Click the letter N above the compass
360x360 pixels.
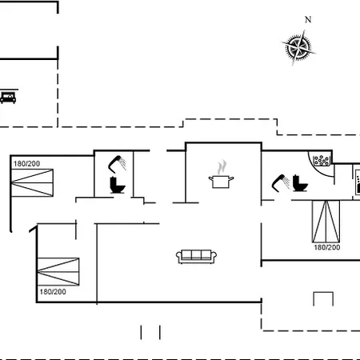(308, 19)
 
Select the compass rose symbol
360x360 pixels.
(298, 48)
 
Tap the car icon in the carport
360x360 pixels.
(8, 98)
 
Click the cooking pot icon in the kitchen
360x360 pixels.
(221, 182)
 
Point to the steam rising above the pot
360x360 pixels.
(222, 166)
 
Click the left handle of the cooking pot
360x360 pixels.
(210, 178)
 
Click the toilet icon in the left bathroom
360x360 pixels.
(118, 185)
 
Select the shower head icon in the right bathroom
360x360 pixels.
(281, 183)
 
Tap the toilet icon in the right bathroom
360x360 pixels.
(300, 183)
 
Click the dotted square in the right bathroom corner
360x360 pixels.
(322, 161)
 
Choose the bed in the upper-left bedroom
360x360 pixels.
(32, 182)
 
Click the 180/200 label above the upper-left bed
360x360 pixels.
(26, 164)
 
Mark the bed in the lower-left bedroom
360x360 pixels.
(58, 272)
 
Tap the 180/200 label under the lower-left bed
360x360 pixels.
(53, 292)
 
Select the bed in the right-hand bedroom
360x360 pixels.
(326, 222)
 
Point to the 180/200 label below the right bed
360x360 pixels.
(327, 247)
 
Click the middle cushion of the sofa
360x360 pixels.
(196, 254)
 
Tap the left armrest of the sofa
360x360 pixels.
(178, 256)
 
